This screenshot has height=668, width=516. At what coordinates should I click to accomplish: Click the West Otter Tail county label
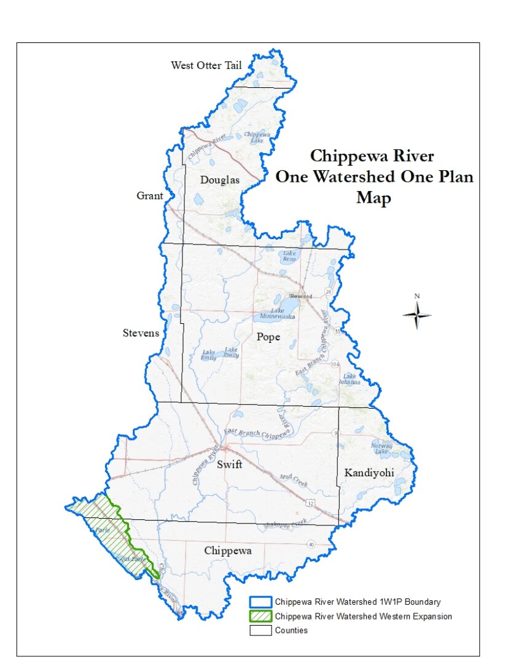tap(206, 66)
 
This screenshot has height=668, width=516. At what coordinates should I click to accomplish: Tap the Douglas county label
tap(219, 180)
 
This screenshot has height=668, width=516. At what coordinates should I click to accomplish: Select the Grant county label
tap(150, 196)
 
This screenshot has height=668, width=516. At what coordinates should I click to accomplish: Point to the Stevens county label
tap(140, 333)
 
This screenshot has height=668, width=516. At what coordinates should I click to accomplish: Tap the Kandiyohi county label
tap(369, 473)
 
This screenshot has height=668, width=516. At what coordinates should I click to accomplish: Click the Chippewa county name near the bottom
tap(228, 551)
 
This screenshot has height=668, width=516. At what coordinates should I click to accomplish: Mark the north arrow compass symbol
tap(416, 314)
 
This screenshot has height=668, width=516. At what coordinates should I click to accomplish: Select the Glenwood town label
tap(302, 296)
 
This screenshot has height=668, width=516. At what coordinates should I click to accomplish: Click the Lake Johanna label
tap(351, 379)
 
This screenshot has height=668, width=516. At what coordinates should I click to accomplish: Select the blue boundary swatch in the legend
tap(260, 602)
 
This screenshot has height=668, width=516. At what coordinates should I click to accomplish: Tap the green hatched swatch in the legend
tap(260, 616)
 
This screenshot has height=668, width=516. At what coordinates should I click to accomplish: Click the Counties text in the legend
tap(291, 631)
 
